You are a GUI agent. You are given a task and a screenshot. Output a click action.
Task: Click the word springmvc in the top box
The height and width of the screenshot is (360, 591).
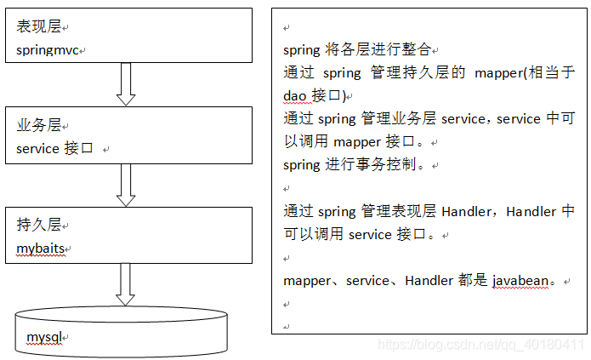[48, 50]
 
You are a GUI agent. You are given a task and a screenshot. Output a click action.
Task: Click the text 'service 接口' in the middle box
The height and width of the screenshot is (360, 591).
[55, 149]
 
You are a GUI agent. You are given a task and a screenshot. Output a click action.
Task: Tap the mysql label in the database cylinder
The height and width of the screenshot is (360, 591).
[44, 338]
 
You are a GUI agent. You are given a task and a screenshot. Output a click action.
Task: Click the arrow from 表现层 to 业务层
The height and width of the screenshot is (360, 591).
[126, 83]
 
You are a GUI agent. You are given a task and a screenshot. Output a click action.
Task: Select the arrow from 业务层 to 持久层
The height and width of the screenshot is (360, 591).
[126, 184]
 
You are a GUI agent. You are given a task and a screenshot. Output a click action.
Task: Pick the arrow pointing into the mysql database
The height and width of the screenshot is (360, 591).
[126, 283]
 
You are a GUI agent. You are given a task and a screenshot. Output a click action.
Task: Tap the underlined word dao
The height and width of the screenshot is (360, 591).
[296, 96]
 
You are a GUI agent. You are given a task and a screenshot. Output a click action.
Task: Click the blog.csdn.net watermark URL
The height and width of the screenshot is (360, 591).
[481, 346]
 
